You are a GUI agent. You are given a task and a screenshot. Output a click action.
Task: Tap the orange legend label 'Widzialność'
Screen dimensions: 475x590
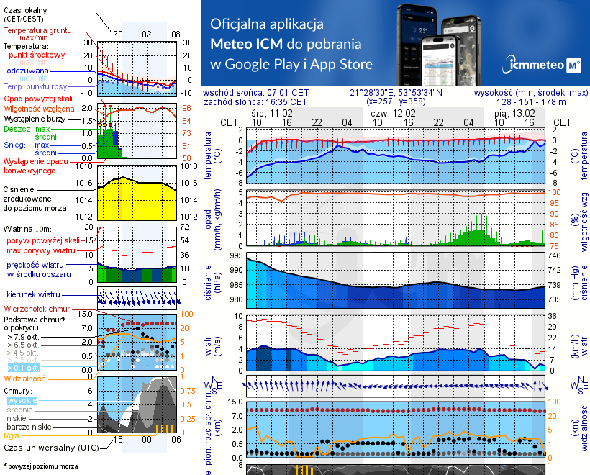[25, 377]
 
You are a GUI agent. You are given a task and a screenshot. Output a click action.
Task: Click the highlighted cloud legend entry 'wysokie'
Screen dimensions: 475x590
[22, 399]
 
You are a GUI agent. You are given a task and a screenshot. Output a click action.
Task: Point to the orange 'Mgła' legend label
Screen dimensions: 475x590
[12, 435]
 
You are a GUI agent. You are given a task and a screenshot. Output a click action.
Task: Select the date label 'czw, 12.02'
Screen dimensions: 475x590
[393, 114]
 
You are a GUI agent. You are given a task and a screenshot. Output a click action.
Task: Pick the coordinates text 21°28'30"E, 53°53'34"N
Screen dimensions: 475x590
[396, 93]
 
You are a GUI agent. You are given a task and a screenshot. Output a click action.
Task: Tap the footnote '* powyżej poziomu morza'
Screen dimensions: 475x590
[39, 466]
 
